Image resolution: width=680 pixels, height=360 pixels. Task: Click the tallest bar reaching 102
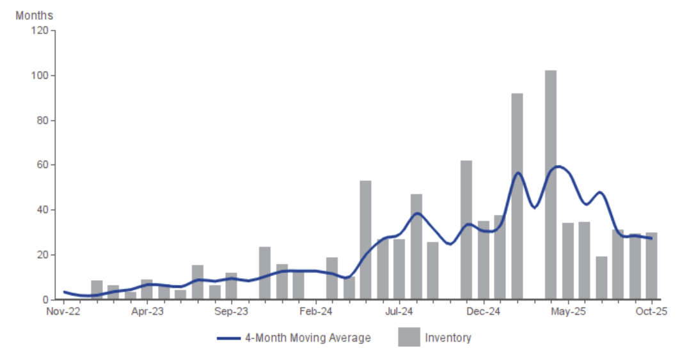click(551, 185)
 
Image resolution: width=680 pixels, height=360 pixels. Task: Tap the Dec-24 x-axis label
click(483, 311)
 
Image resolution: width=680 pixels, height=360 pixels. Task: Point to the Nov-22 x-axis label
click(64, 311)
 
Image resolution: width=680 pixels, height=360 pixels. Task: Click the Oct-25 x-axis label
click(652, 311)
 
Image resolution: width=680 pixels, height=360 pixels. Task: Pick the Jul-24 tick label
click(399, 311)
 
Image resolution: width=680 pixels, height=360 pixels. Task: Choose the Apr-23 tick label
click(148, 311)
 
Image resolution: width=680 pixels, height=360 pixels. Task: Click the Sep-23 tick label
click(231, 311)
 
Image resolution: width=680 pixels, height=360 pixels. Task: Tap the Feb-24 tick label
click(315, 311)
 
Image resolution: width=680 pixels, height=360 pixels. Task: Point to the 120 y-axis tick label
click(39, 31)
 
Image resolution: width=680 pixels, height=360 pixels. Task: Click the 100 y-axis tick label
click(39, 75)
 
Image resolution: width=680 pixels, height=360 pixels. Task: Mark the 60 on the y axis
click(42, 165)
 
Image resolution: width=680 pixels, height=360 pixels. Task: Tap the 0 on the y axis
click(44, 299)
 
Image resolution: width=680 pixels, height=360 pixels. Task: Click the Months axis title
click(35, 15)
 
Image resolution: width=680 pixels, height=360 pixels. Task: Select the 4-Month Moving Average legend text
click(308, 338)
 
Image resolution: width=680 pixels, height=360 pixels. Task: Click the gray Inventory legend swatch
click(409, 337)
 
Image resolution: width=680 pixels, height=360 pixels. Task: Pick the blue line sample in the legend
click(228, 338)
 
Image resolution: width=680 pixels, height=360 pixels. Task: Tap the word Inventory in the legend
click(448, 338)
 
